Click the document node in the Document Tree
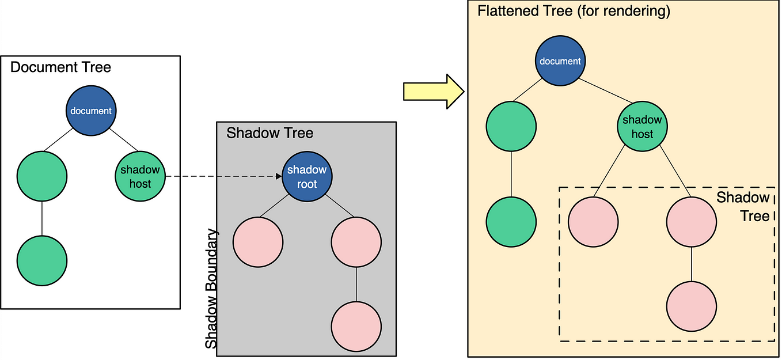(91, 111)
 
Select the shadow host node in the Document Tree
(140, 176)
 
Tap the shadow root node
(307, 176)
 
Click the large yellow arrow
(434, 92)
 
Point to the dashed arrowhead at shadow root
(279, 176)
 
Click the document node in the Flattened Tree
(560, 60)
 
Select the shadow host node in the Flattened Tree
(643, 126)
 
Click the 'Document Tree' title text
(60, 67)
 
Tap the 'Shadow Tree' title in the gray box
(270, 133)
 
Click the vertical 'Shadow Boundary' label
(211, 289)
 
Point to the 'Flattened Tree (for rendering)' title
(574, 11)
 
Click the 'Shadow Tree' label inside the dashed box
(743, 207)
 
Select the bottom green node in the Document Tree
(42, 261)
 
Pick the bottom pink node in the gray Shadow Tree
(356, 327)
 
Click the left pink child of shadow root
(258, 242)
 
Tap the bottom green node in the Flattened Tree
(511, 222)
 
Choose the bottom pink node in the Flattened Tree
(692, 306)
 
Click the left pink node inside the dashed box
(593, 222)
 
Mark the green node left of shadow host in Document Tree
(42, 176)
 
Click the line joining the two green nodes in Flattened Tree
(511, 174)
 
